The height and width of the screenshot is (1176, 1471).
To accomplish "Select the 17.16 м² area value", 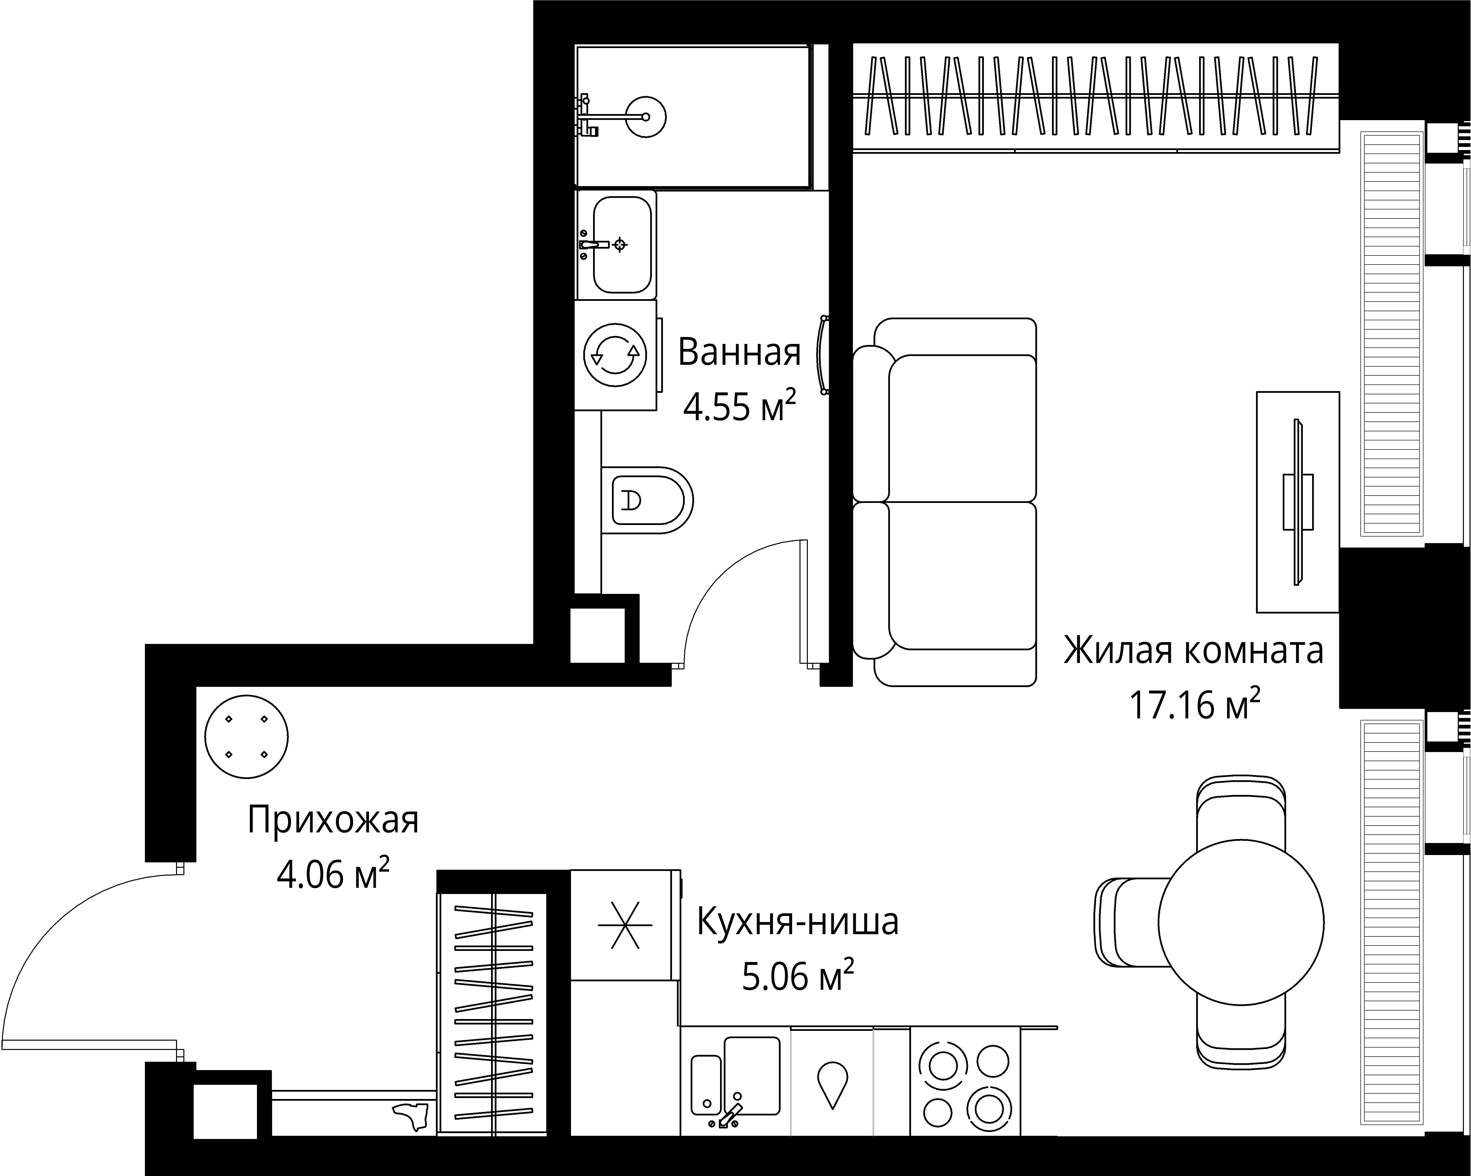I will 1194,705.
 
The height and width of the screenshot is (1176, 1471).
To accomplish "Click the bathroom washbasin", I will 621,244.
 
